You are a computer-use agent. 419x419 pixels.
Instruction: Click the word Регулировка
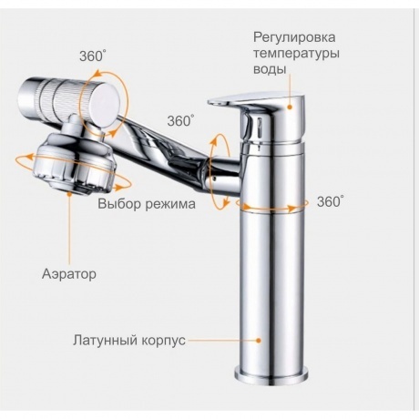[294, 38]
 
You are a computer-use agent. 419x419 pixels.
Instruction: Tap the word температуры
[296, 54]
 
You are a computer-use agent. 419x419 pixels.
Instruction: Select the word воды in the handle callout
[270, 69]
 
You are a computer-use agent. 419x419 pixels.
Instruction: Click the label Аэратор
[69, 274]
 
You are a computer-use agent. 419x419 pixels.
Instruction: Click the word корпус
[163, 341]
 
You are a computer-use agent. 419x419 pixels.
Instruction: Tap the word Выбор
[119, 203]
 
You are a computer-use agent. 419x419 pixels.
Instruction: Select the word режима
[170, 204]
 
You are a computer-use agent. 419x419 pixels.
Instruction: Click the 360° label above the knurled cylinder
[93, 56]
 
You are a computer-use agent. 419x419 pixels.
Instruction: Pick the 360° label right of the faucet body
[331, 201]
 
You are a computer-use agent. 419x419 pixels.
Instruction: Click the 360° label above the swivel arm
[180, 121]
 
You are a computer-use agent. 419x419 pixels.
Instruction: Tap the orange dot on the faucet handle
[290, 107]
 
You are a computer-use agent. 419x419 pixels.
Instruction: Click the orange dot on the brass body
[259, 341]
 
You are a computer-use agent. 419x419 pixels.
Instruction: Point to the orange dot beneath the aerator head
[70, 193]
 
